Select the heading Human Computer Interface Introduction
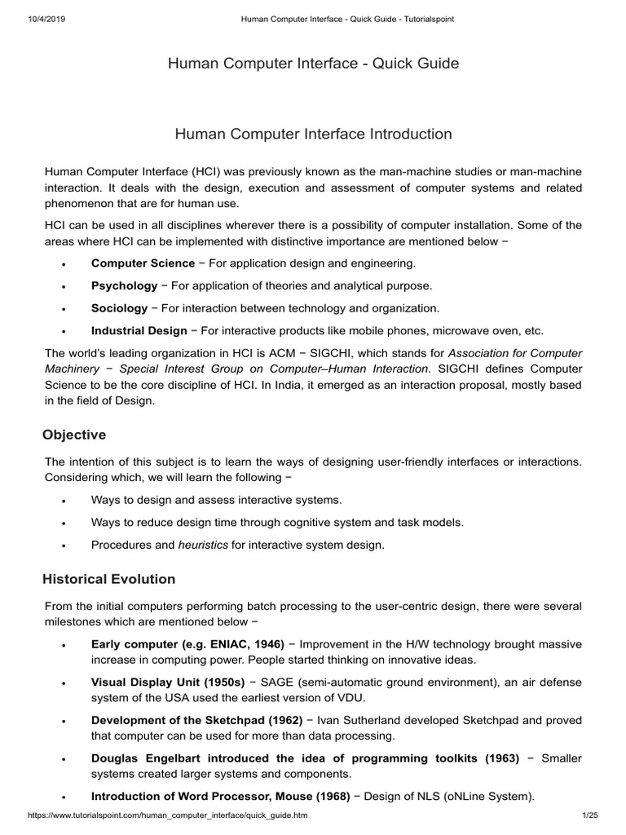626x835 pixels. pyautogui.click(x=313, y=133)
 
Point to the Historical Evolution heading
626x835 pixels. pyautogui.click(x=108, y=579)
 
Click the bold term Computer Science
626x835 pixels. pyautogui.click(x=143, y=263)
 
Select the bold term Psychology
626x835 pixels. pyautogui.click(x=124, y=285)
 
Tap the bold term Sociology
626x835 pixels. pyautogui.click(x=119, y=308)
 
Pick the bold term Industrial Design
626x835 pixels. pyautogui.click(x=139, y=330)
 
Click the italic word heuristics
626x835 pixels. pyautogui.click(x=203, y=545)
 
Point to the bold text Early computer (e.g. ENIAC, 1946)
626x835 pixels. pyautogui.click(x=187, y=643)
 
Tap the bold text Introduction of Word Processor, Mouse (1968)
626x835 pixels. pyautogui.click(x=220, y=796)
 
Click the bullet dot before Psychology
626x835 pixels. pyautogui.click(x=64, y=287)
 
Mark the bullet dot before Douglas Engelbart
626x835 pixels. pyautogui.click(x=64, y=760)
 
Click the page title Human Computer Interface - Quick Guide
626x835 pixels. pyautogui.click(x=313, y=64)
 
